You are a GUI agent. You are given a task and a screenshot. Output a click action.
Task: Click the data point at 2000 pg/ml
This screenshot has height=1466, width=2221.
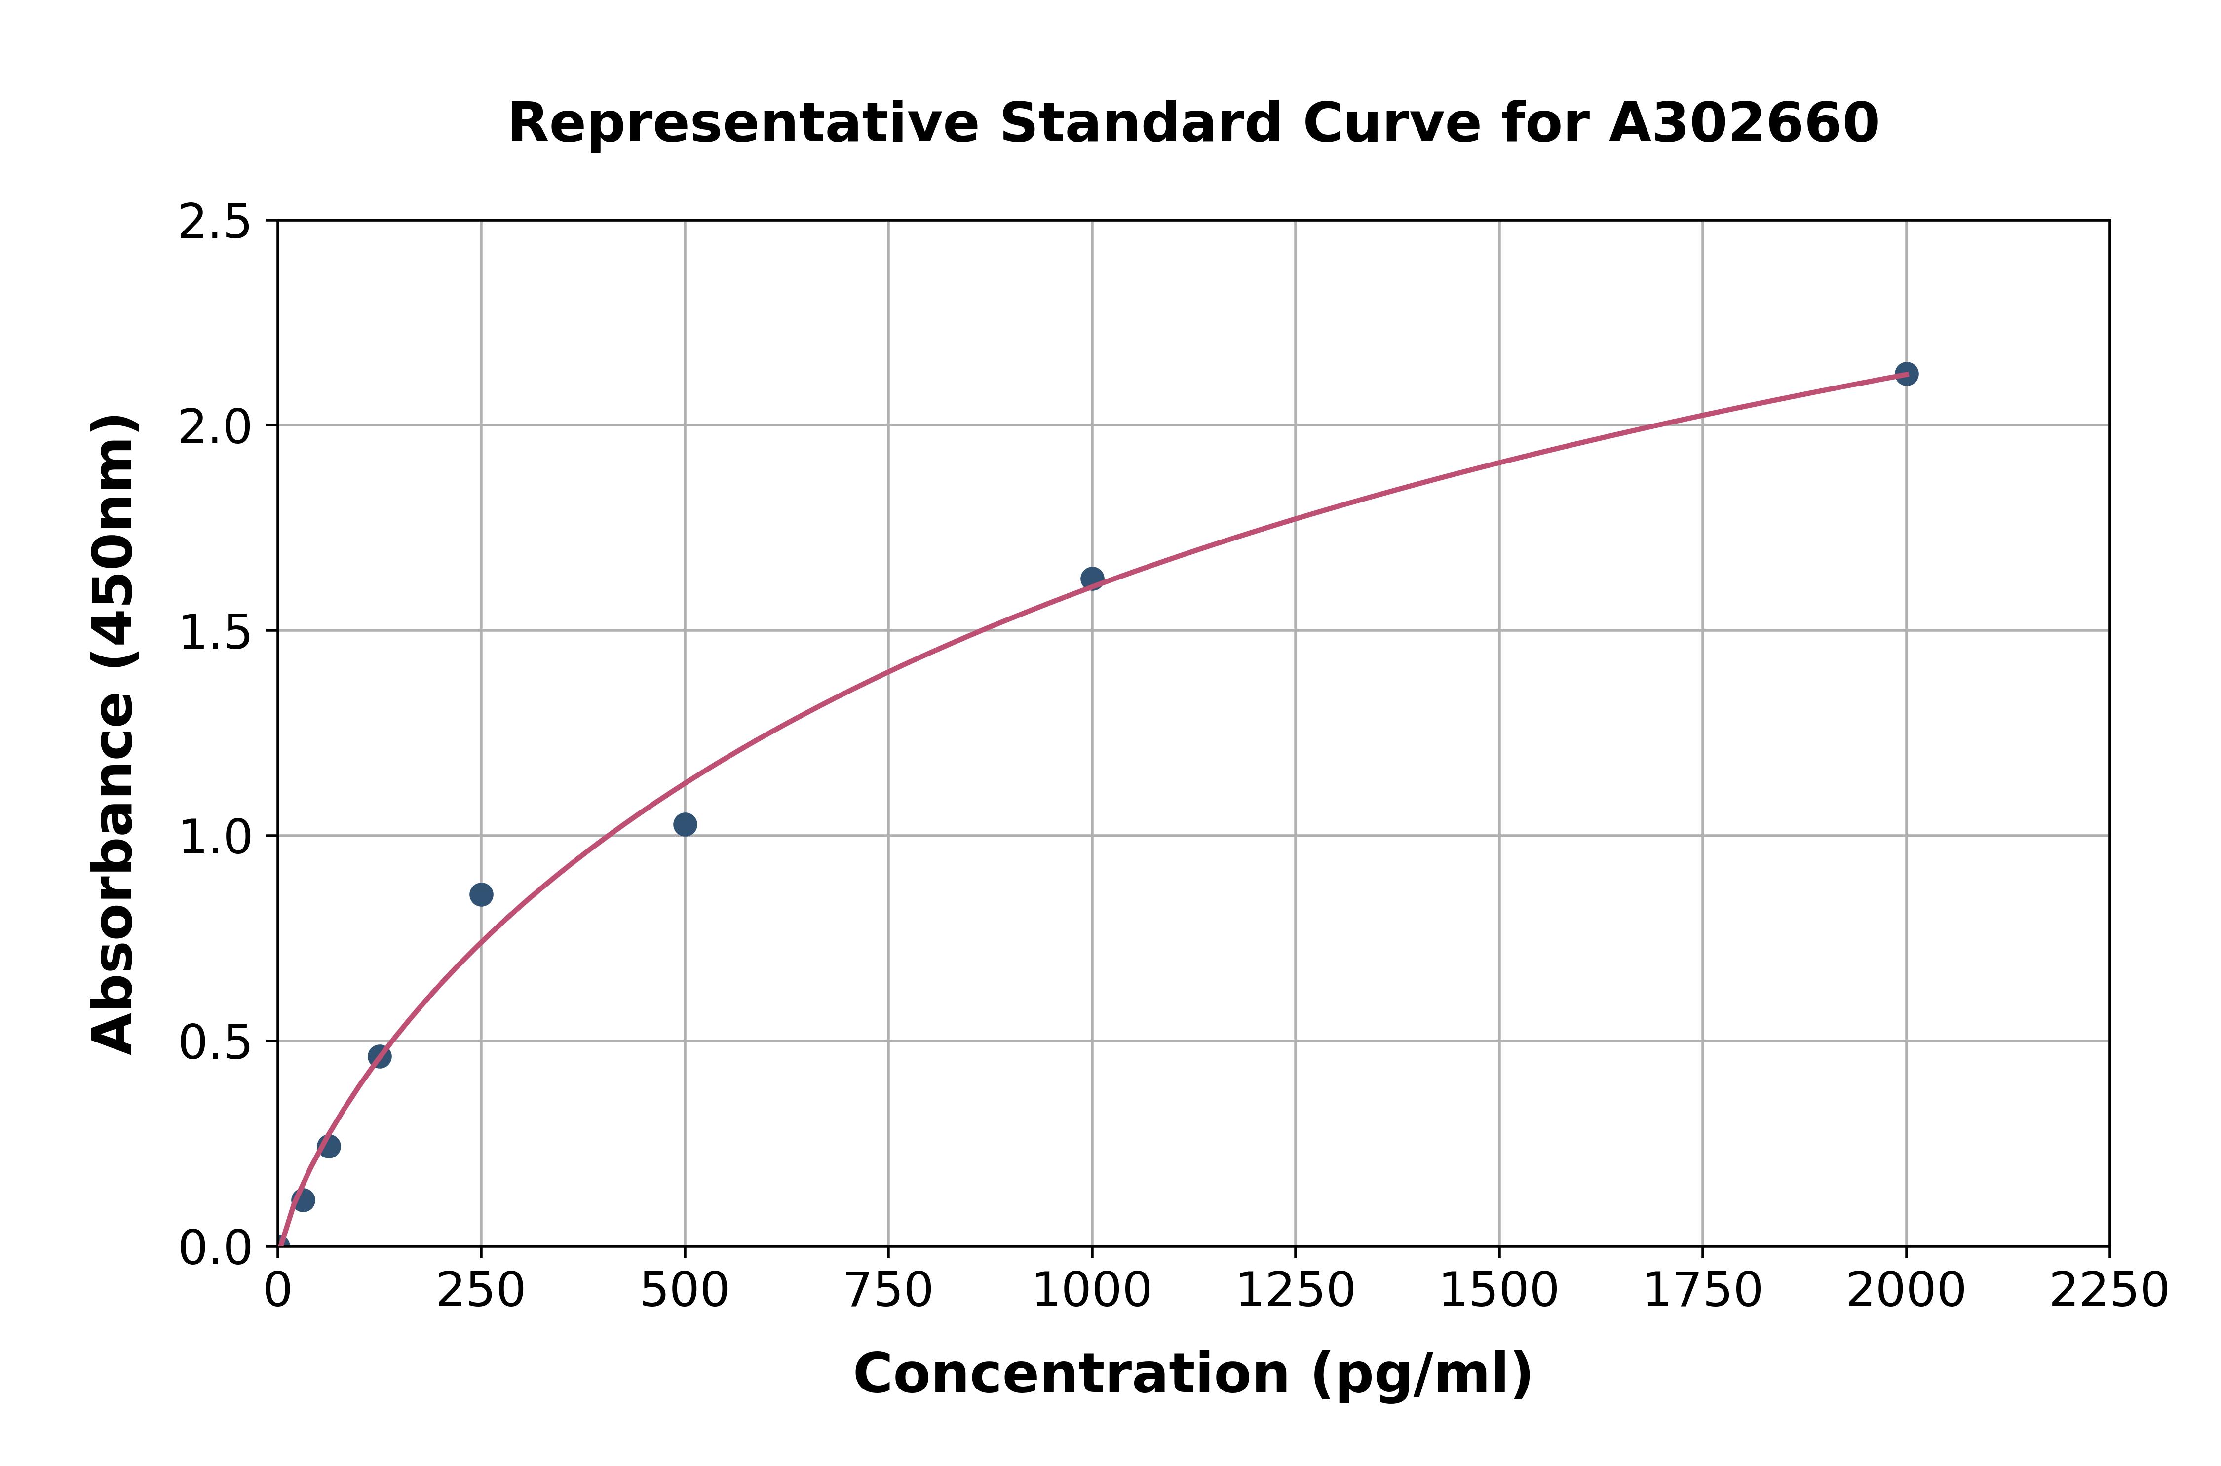1906,374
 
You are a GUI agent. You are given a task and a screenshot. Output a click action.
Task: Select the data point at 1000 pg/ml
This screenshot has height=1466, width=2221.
1092,579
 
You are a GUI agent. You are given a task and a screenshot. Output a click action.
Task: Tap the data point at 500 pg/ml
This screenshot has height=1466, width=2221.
685,825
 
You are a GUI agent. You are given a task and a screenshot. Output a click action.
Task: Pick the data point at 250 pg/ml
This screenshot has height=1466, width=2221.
481,895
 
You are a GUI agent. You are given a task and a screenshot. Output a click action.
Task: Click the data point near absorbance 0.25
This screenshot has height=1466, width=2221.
329,1146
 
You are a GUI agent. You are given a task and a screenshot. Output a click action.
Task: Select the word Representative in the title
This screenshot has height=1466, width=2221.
743,123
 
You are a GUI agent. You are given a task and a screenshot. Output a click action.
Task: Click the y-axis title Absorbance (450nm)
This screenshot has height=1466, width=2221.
114,734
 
